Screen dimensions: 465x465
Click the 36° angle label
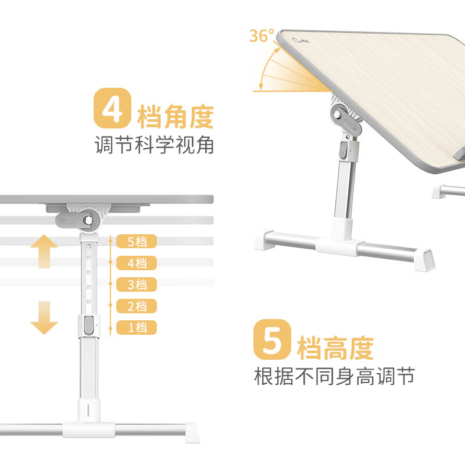tap(262, 36)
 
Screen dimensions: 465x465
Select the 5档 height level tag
tap(137, 242)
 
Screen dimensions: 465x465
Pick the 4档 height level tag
tap(137, 263)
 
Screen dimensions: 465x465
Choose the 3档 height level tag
tap(137, 285)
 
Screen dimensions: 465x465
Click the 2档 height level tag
tap(137, 306)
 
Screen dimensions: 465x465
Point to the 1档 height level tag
tap(137, 327)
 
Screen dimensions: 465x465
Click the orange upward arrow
tap(44, 251)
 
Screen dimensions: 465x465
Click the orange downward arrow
tap(44, 317)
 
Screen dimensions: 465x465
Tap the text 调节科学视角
tap(154, 144)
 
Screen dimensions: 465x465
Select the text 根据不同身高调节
tap(334, 376)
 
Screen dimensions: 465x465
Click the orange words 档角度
tap(176, 116)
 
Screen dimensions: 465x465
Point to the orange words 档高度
tap(335, 349)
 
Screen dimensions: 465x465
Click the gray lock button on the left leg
tap(89, 325)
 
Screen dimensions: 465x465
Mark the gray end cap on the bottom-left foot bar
tap(192, 432)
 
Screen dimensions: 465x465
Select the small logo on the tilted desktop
tap(301, 40)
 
